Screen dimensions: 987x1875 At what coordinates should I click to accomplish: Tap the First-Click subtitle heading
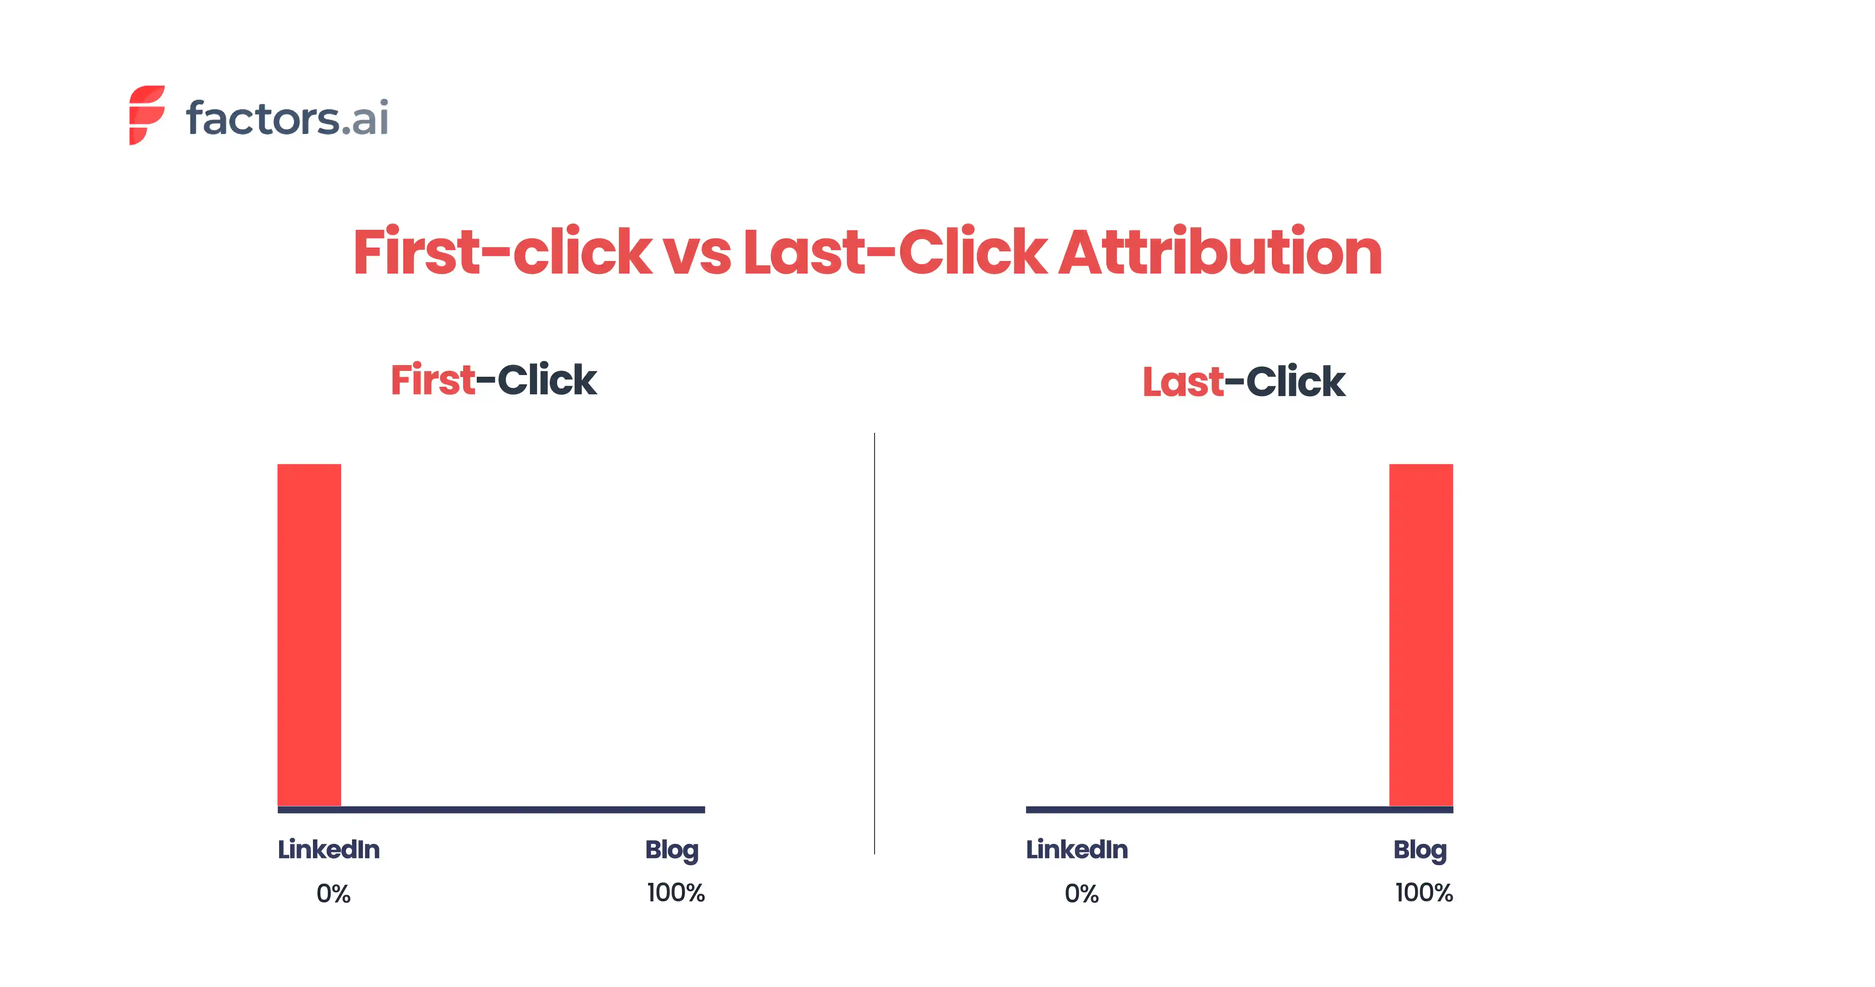(x=493, y=380)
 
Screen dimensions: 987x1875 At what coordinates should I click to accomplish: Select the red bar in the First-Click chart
(x=309, y=634)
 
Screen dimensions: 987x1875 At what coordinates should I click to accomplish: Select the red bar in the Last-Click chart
(x=1421, y=634)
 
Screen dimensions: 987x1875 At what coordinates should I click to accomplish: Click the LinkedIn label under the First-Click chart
(x=328, y=850)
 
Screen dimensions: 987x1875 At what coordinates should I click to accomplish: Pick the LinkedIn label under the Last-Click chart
(x=1077, y=850)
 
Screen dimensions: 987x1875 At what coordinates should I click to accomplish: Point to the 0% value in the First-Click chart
(x=333, y=893)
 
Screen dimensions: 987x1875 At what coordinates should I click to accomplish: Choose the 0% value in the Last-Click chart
(x=1082, y=893)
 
